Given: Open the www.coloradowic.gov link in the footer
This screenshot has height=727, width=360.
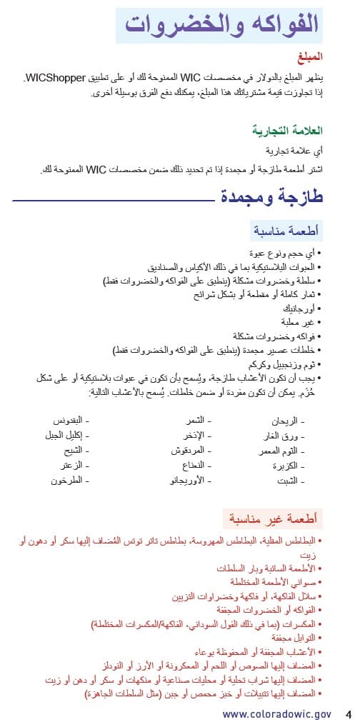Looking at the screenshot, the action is point(276,713).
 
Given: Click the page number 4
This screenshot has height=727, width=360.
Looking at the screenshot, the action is point(348,713).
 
